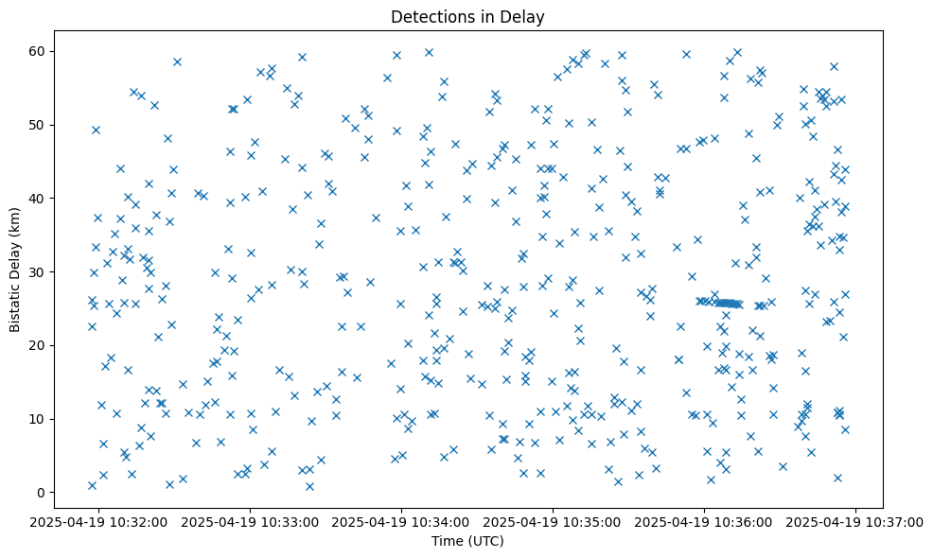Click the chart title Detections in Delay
pos(467,17)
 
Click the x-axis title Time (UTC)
pos(467,541)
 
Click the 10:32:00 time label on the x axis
pos(99,521)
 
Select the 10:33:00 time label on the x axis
pos(251,521)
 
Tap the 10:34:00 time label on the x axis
pos(402,521)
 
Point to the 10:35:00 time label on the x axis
pos(554,521)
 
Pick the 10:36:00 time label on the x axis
pos(704,521)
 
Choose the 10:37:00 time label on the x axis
pos(855,521)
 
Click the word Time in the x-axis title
pos(447,541)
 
